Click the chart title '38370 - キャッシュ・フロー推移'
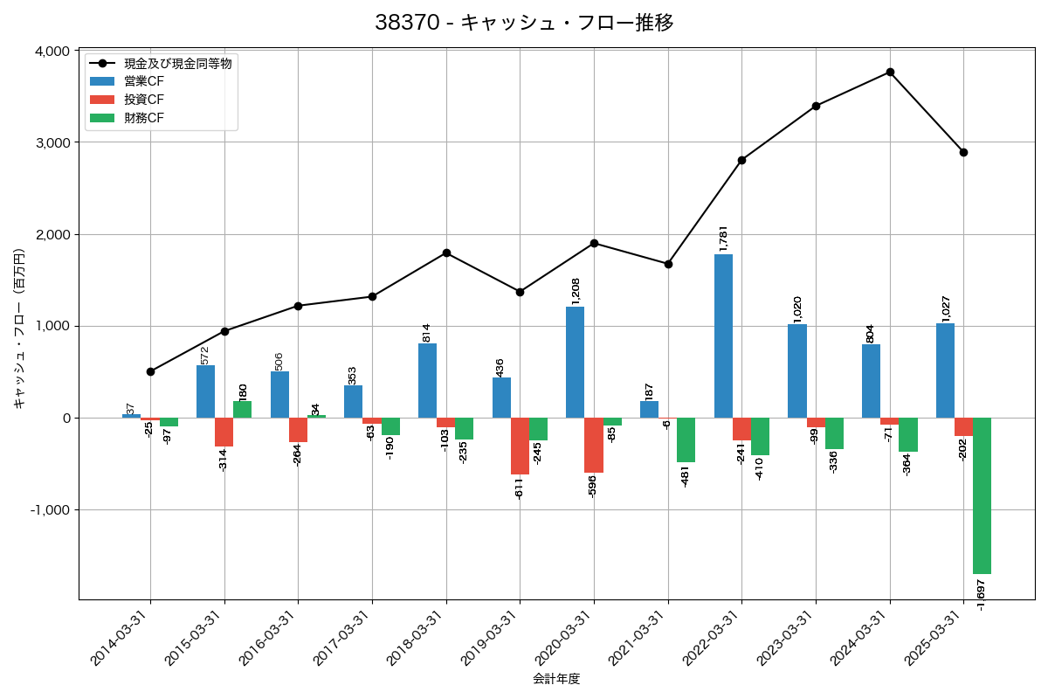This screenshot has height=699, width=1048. [x=524, y=23]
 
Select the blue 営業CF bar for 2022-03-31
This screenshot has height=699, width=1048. [x=723, y=336]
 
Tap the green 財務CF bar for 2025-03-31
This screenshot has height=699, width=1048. [x=982, y=495]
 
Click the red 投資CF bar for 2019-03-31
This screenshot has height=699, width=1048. [x=520, y=446]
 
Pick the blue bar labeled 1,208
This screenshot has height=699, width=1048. [x=575, y=362]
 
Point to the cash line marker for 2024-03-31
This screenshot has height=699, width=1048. [x=890, y=72]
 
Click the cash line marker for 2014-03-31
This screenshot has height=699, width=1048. [x=150, y=371]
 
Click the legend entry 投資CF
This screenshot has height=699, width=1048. [x=143, y=100]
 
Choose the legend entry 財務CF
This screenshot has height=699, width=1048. [x=143, y=118]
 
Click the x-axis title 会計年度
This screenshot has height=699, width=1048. [x=556, y=679]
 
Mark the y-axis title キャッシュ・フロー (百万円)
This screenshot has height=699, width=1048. [x=19, y=329]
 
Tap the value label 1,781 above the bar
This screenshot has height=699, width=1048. [x=723, y=239]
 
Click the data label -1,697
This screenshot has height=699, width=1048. [x=982, y=593]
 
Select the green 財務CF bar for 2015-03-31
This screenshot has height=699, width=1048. [x=242, y=409]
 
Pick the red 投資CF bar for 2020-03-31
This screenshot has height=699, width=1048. [x=594, y=445]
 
